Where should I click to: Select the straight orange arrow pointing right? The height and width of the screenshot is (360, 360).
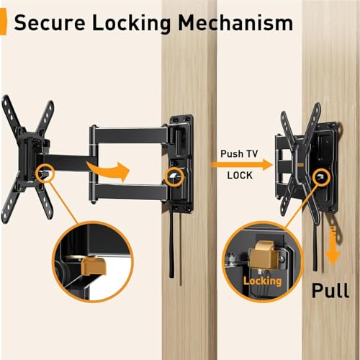(x=242, y=165)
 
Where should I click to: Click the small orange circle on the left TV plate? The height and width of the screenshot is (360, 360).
(x=45, y=174)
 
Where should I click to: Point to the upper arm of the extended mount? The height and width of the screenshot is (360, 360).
(x=130, y=135)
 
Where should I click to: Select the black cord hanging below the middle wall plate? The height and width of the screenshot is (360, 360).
(x=171, y=245)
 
